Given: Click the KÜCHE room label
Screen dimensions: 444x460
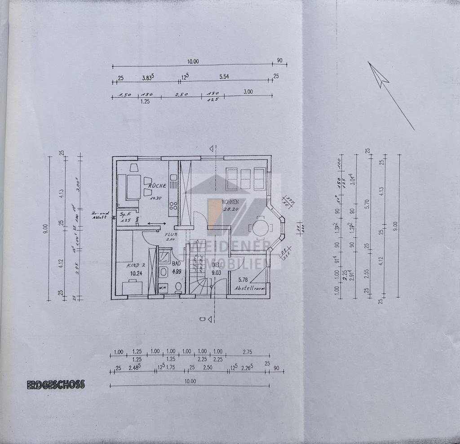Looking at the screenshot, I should click(155, 185).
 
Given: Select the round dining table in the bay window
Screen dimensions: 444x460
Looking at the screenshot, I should click(261, 228).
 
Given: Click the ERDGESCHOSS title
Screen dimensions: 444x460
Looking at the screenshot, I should click(56, 385).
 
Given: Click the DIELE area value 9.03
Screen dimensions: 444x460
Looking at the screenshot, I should click(217, 272).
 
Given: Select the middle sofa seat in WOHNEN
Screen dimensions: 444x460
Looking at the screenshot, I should click(245, 179).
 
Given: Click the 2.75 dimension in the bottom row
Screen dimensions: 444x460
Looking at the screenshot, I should click(248, 352).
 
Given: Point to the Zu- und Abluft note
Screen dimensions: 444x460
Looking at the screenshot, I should click(100, 215).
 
